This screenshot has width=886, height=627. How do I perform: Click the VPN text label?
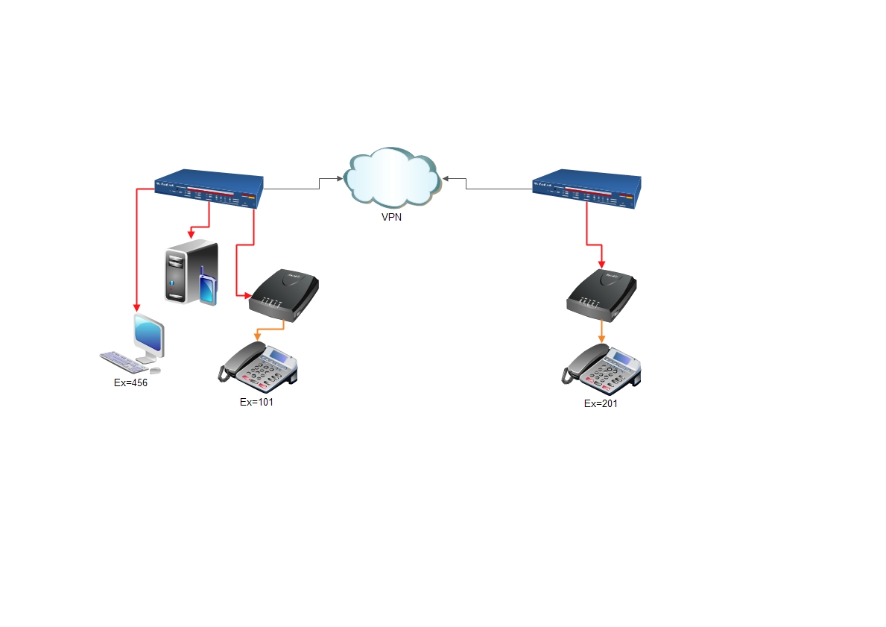[392, 218]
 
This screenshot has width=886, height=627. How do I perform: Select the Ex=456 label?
[130, 382]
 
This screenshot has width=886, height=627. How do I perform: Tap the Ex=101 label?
[257, 402]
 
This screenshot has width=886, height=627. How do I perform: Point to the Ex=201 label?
[601, 403]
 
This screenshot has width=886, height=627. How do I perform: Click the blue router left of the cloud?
[209, 190]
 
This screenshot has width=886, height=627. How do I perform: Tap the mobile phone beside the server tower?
[208, 287]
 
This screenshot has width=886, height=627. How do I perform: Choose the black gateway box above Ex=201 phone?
[601, 295]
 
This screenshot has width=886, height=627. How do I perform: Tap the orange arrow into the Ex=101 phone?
[257, 337]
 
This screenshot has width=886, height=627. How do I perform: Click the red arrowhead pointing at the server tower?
[192, 234]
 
